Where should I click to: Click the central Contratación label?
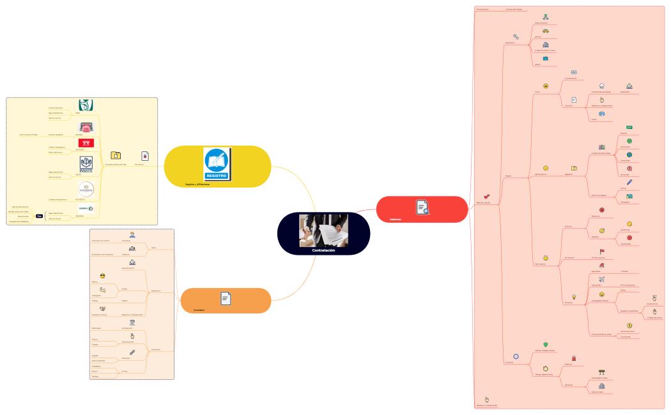point(323,251)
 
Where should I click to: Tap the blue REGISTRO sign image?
point(217,163)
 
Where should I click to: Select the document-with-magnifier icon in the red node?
point(422,207)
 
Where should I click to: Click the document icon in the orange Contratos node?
point(226,298)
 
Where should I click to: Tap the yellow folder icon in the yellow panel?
point(116,155)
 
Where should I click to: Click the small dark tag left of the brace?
point(39,216)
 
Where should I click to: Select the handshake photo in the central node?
point(323,230)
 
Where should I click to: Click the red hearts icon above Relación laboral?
point(487,197)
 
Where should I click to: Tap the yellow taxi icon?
point(545,31)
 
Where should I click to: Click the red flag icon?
point(601,252)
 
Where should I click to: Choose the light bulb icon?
point(575,296)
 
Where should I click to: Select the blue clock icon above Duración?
point(516,356)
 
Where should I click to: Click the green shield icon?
point(545,344)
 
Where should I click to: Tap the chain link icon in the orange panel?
point(132,352)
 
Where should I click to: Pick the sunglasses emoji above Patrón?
point(102,275)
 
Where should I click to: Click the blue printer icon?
point(601,113)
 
